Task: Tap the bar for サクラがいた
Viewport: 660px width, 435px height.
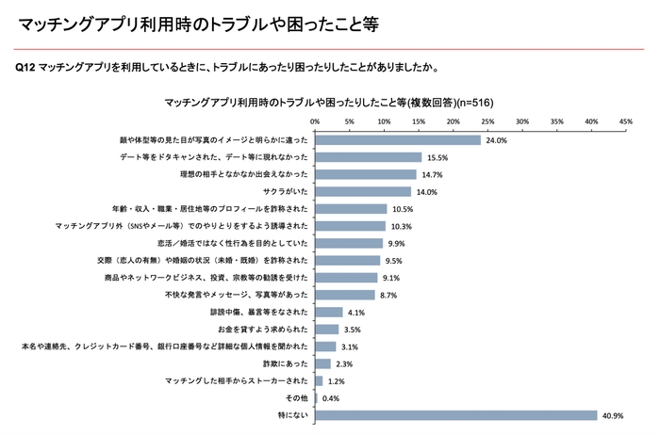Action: coord(363,191)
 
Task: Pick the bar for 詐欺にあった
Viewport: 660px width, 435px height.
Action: coord(322,363)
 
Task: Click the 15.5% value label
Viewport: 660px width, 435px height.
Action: coord(437,157)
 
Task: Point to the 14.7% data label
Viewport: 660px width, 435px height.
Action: coord(431,174)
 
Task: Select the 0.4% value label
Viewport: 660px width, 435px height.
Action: coord(331,398)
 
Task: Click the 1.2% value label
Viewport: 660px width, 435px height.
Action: coord(337,381)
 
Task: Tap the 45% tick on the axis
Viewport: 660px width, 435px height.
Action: coord(626,121)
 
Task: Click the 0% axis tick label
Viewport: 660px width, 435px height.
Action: coord(314,121)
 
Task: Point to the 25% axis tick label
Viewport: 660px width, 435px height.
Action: coord(487,121)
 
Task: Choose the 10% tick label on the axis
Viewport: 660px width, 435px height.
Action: coord(384,121)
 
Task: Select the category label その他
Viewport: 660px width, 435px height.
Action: coord(294,398)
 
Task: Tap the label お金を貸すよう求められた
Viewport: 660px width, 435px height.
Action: coord(261,330)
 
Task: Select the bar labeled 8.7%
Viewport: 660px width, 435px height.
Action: coord(344,295)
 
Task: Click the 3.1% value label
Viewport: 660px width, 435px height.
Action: coord(351,346)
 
